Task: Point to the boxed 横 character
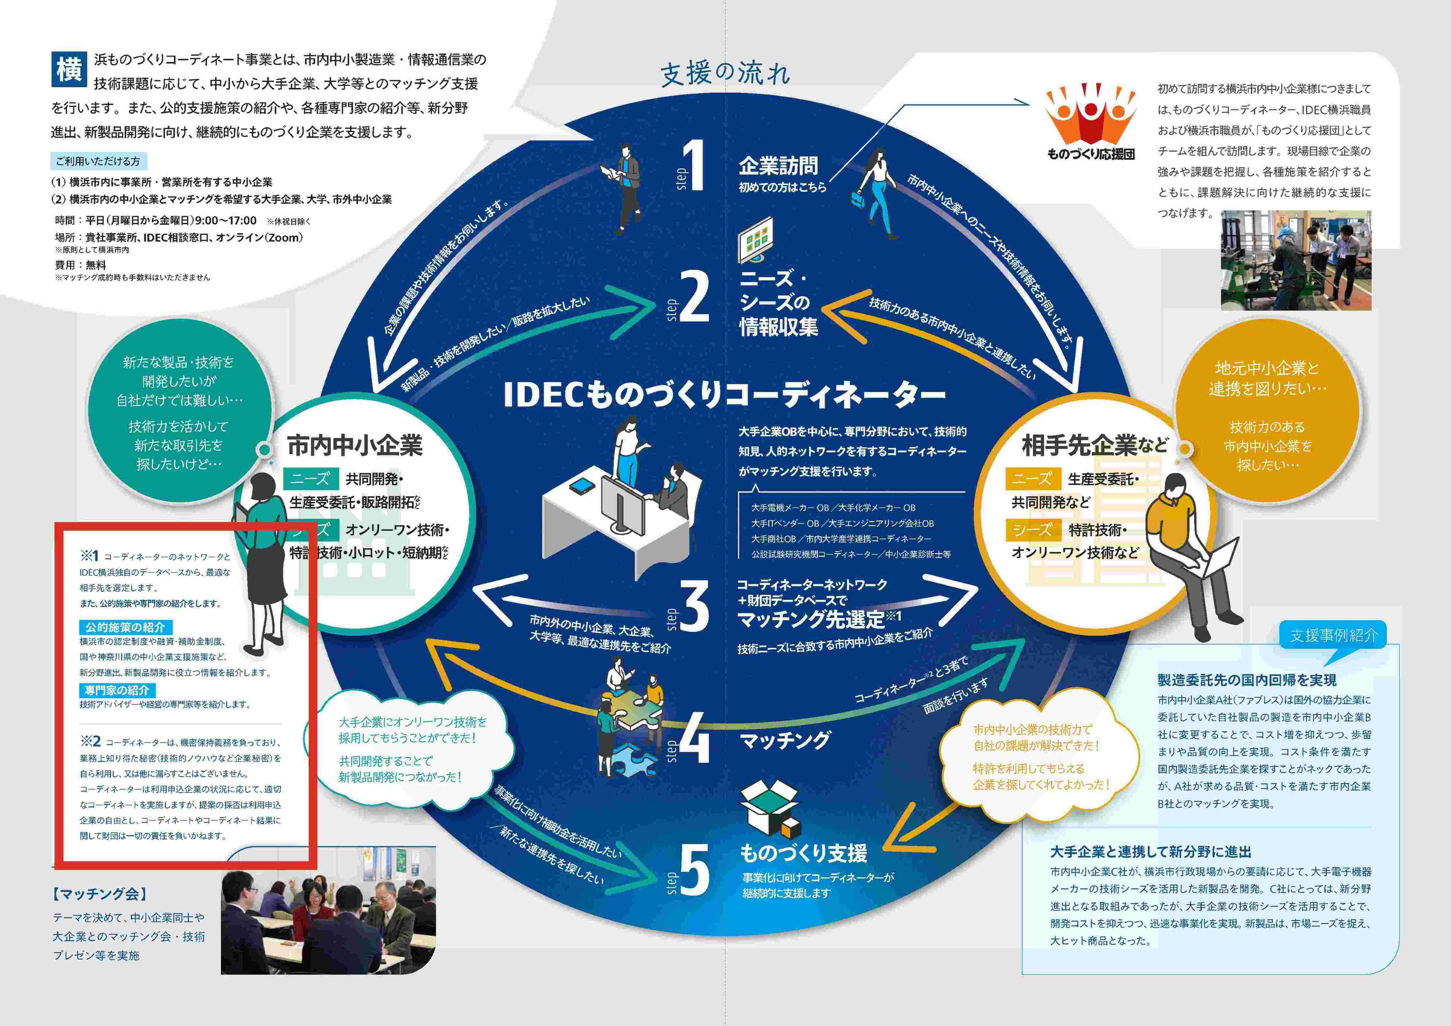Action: pos(68,69)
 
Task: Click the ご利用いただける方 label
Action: pos(98,161)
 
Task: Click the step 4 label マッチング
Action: pos(785,740)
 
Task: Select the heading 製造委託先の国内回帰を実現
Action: pos(1247,680)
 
